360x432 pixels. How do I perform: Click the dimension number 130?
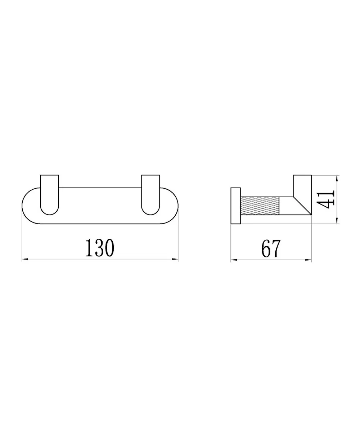[x=100, y=248]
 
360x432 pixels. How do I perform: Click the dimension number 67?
[x=271, y=248]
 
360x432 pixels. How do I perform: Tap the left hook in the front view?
[x=49, y=195]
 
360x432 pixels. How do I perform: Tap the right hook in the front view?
[x=150, y=195]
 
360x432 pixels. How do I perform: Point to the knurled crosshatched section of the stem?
[x=260, y=206]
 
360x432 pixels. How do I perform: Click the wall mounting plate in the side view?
[x=236, y=206]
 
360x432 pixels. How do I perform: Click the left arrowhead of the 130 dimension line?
[x=25, y=259]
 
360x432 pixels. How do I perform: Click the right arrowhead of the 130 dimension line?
[x=175, y=259]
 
